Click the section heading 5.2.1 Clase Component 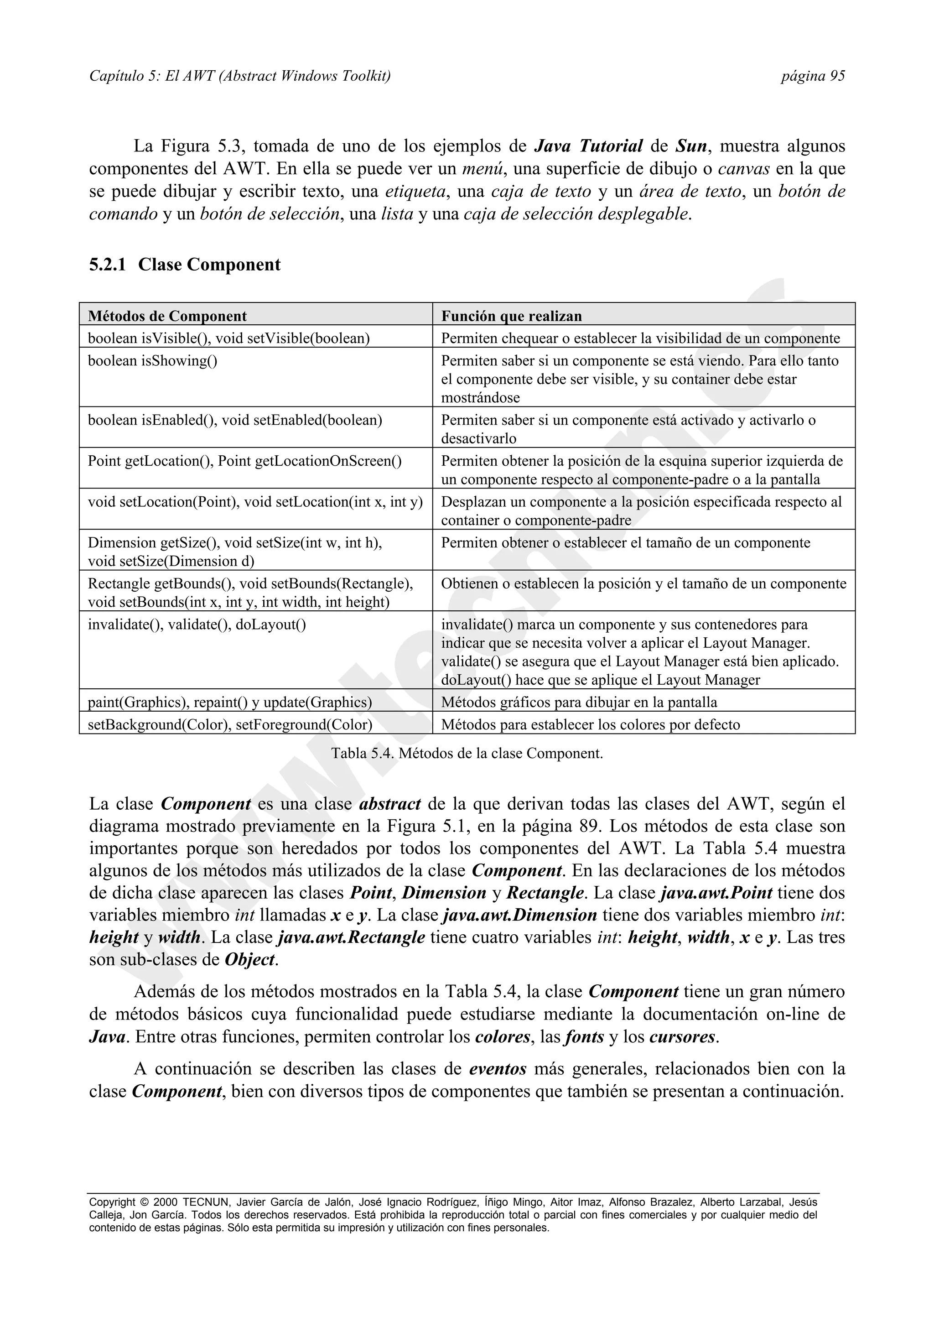(x=185, y=265)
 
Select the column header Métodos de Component (x=167, y=316)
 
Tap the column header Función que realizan (x=511, y=316)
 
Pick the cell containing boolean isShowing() (x=152, y=361)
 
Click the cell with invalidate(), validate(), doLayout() (x=197, y=625)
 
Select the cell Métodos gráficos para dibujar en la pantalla (x=579, y=702)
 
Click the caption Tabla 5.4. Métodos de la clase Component (x=467, y=753)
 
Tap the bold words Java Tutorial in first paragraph (x=588, y=146)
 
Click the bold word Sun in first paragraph (x=690, y=146)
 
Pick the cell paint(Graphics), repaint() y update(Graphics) (x=229, y=702)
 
